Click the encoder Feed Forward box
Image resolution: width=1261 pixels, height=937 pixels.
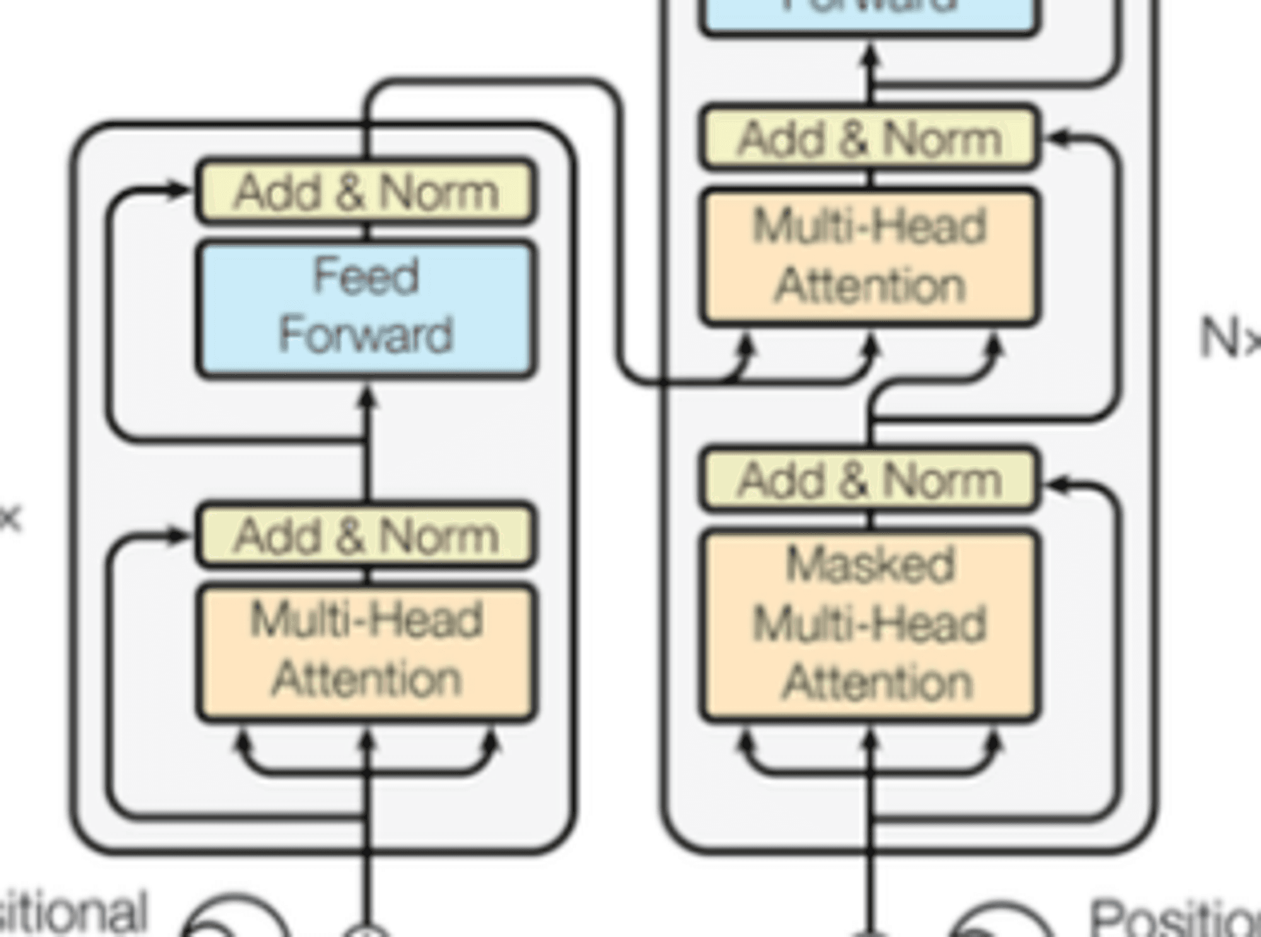pyautogui.click(x=366, y=309)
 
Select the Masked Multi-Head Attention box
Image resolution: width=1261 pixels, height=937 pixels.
pyautogui.click(x=870, y=624)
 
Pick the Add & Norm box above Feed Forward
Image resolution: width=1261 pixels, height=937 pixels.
pyautogui.click(x=366, y=191)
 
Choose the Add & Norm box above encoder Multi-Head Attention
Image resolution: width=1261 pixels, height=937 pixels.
pyautogui.click(x=366, y=535)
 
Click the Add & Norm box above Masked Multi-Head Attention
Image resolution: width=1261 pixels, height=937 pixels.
pyautogui.click(x=870, y=480)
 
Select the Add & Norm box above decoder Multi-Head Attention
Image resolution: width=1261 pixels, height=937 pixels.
pyautogui.click(x=870, y=138)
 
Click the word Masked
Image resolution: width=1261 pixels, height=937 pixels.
pyautogui.click(x=870, y=565)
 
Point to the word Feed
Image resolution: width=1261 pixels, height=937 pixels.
pyautogui.click(x=366, y=276)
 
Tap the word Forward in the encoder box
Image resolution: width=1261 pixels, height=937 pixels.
pyautogui.click(x=366, y=335)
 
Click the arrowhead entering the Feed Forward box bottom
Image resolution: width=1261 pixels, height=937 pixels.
pyautogui.click(x=368, y=397)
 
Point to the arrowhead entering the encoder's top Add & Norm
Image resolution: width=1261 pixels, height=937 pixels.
pyautogui.click(x=179, y=189)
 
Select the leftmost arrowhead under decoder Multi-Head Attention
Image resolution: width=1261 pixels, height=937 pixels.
pyautogui.click(x=747, y=346)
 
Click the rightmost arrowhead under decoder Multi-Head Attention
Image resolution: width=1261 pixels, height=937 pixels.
pyautogui.click(x=994, y=346)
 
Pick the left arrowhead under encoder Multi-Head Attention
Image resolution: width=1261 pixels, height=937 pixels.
pyautogui.click(x=242, y=740)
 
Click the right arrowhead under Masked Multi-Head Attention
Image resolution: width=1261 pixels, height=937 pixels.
pyautogui.click(x=994, y=740)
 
